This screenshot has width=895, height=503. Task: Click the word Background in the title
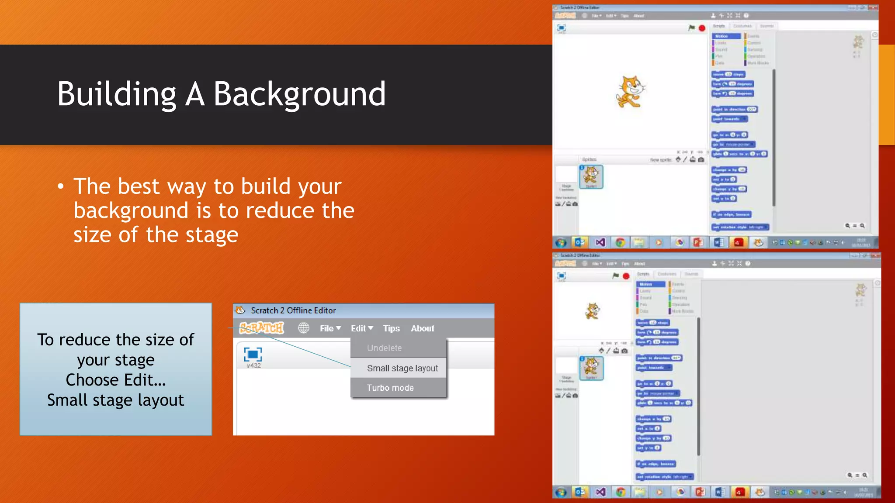299,94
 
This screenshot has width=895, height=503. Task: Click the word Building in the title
116,94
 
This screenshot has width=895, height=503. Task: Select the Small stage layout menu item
402,368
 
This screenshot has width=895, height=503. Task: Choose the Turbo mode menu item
390,388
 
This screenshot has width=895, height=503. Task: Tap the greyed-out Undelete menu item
384,348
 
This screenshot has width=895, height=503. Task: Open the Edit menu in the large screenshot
361,328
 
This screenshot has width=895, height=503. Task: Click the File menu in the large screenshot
330,328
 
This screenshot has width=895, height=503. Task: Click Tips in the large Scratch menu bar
391,328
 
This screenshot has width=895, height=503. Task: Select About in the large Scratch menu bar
422,328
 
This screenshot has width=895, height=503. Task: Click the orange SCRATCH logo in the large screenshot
261,328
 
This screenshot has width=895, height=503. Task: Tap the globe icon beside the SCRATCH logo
303,328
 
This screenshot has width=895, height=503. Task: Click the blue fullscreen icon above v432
253,354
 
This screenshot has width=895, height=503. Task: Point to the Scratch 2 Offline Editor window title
293,310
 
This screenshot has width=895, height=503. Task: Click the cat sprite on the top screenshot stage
630,92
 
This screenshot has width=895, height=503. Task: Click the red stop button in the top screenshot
702,28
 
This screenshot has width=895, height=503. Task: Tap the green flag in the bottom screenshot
615,276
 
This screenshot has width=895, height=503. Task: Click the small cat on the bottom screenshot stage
593,311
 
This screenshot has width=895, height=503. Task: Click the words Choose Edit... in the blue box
115,380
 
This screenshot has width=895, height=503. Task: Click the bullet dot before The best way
61,187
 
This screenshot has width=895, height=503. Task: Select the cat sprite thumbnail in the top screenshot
591,177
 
